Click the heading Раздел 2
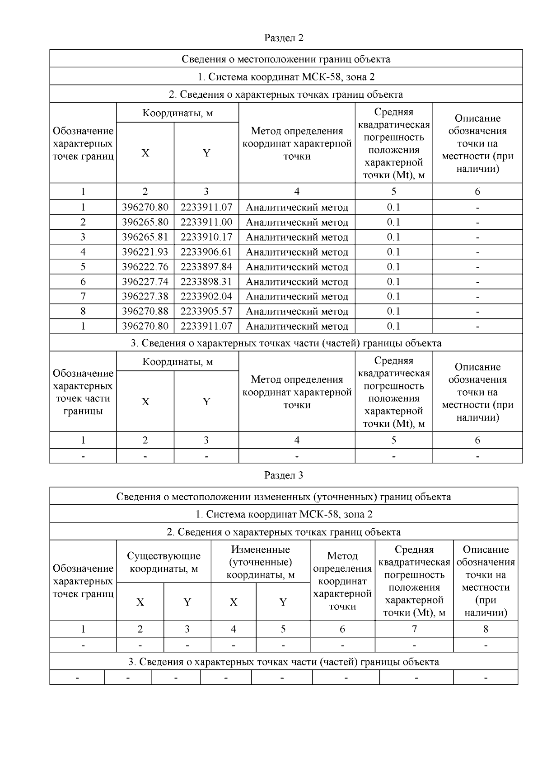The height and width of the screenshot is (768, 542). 284,38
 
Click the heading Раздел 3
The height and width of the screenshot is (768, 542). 284,475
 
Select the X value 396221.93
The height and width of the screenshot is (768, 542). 145,252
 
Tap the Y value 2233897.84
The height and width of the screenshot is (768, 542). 206,267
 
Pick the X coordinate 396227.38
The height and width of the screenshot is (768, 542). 145,296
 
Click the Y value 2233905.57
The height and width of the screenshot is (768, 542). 206,311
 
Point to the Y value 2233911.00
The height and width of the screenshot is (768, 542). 206,222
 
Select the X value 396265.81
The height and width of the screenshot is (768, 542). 145,237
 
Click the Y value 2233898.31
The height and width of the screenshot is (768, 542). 206,282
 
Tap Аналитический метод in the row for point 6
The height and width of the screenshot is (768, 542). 297,282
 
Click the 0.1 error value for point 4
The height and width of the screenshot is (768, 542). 393,252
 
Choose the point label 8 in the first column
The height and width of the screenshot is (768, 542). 83,311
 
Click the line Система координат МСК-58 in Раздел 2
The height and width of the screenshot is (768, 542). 286,77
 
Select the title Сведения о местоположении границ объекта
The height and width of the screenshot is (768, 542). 286,59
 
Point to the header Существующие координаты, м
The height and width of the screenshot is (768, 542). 164,562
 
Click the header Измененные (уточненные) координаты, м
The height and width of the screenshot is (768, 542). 260,562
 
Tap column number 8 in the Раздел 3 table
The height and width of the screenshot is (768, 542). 486,629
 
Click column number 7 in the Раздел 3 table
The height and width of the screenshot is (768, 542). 414,629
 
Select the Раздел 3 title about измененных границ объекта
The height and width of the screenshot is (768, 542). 284,497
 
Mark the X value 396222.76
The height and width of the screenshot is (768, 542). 145,267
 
